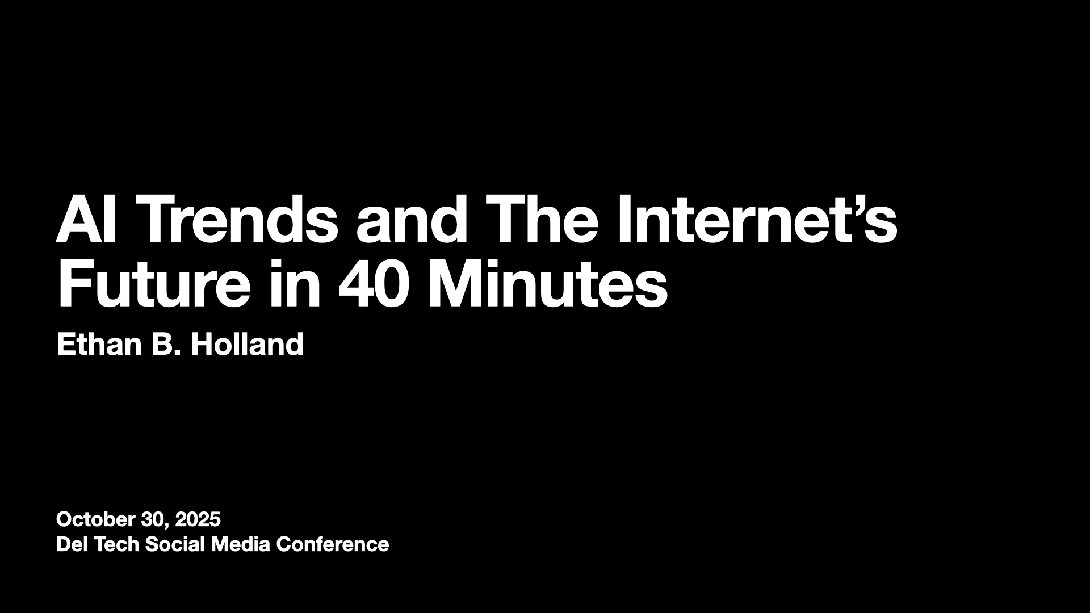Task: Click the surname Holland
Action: point(247,344)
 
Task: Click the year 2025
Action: point(198,519)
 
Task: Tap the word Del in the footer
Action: point(72,545)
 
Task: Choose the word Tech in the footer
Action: point(116,545)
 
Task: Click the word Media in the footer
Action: point(241,545)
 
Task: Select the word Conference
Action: point(333,545)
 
